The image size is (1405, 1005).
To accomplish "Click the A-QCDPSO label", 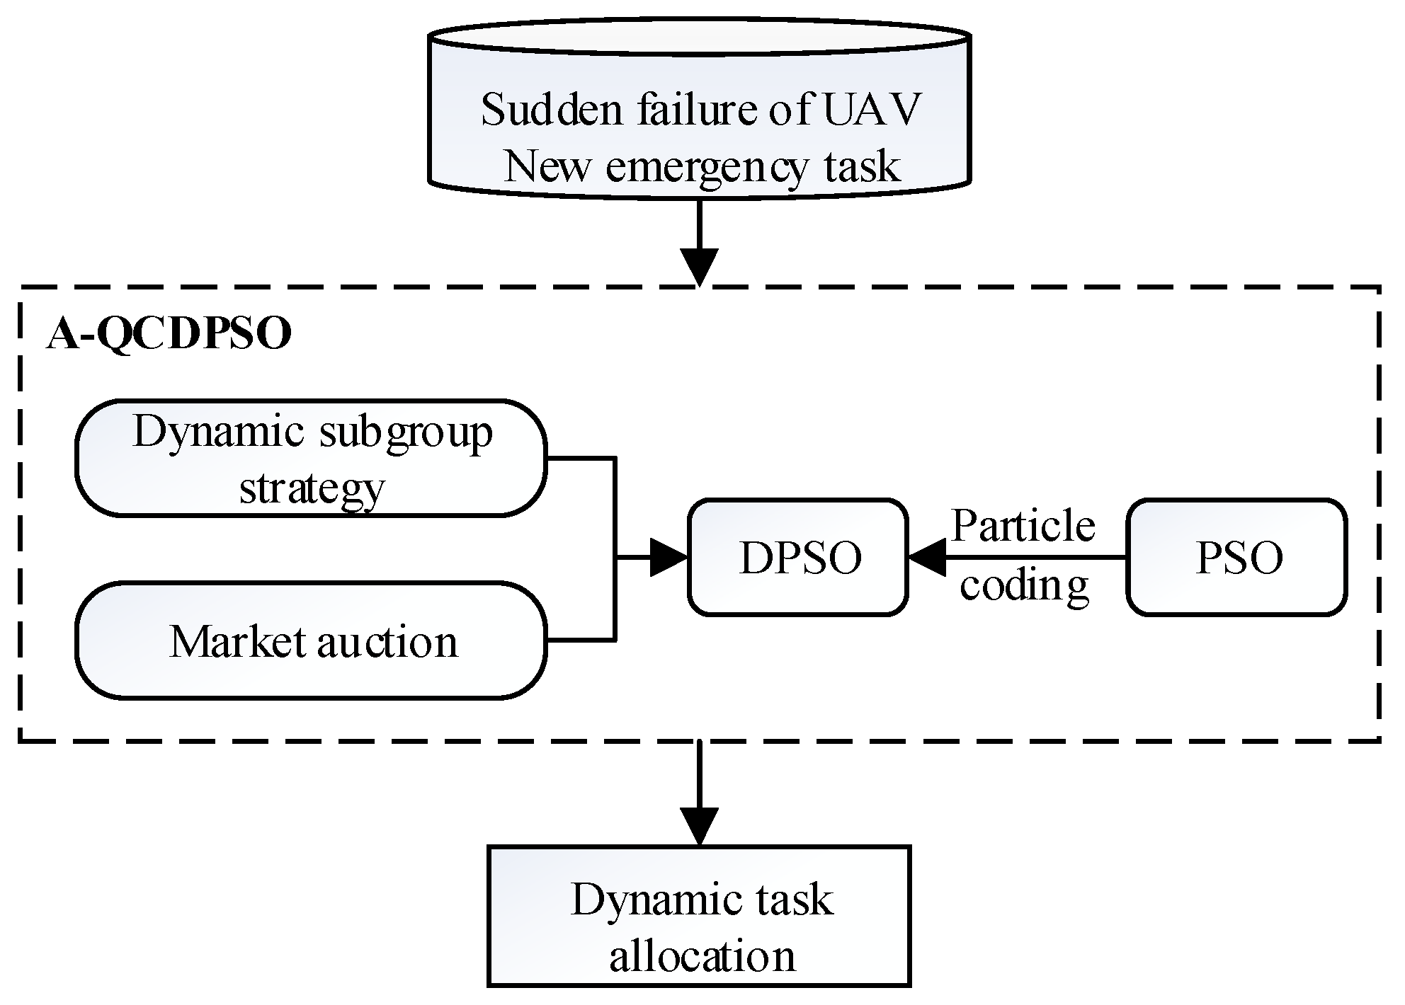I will [169, 334].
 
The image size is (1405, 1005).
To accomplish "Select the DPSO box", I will [798, 557].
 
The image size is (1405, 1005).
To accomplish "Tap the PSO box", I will [1236, 557].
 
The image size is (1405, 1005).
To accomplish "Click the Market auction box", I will [311, 641].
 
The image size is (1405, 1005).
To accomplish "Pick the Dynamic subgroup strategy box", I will [311, 459].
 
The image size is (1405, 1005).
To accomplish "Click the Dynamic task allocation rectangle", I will [698, 915].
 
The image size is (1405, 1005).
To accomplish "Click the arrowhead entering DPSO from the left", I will [669, 557].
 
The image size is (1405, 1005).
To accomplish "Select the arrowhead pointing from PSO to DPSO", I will [928, 557].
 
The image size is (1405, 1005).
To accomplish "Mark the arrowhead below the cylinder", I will [699, 266].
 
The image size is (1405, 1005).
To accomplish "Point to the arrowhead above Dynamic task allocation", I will [699, 825].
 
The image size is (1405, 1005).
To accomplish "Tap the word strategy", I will [312, 488].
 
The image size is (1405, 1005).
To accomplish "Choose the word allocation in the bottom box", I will [702, 957].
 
